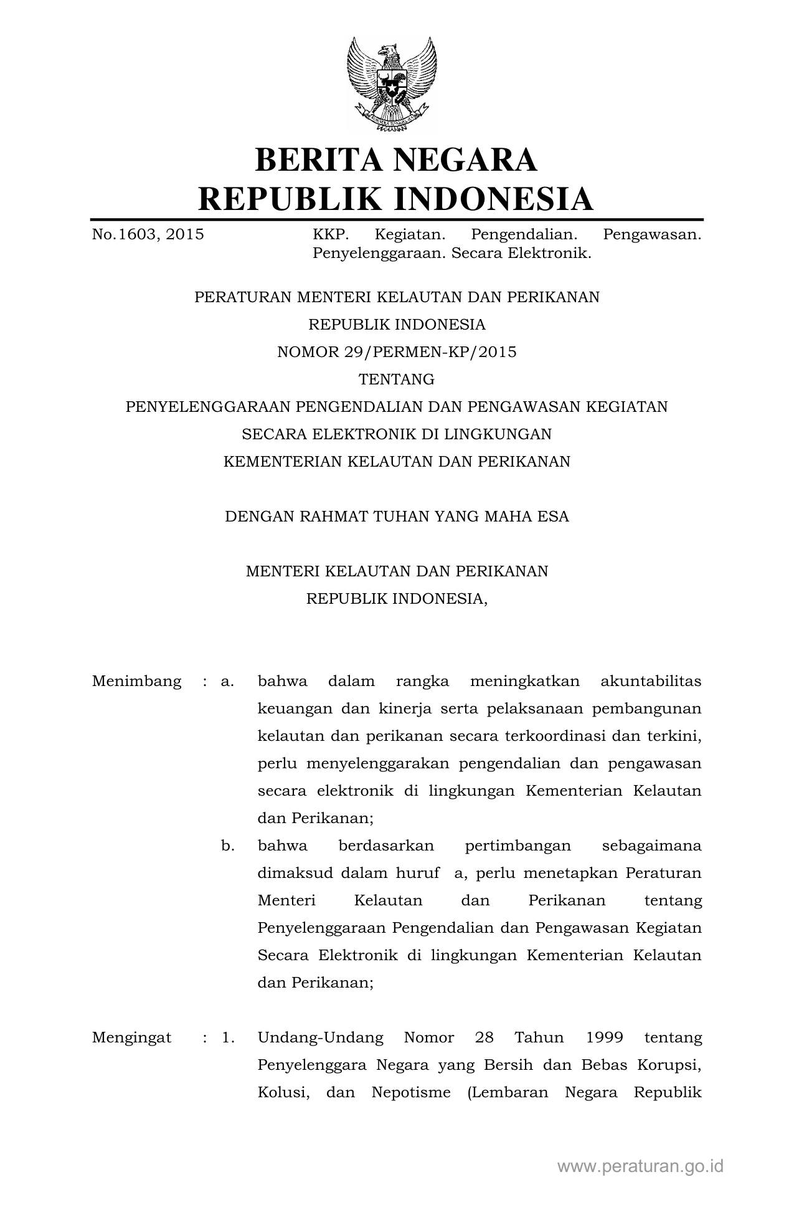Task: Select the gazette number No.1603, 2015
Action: coord(148,234)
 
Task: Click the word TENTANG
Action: coord(397,379)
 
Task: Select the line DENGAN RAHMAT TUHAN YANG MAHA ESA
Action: coord(397,517)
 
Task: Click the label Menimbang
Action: coord(136,681)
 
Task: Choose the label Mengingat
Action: coord(131,1037)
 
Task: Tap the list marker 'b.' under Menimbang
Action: coord(228,846)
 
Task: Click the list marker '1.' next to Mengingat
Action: coord(228,1037)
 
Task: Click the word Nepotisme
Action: coord(411,1092)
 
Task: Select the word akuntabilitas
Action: coord(651,681)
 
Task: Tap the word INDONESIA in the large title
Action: coord(493,199)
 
